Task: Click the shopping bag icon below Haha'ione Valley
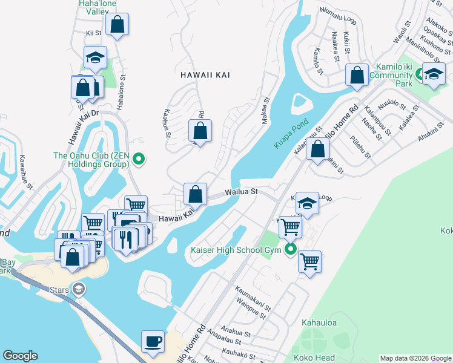click(x=117, y=25)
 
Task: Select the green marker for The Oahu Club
click(x=139, y=160)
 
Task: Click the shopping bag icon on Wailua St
click(x=195, y=195)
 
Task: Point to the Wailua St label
click(x=242, y=192)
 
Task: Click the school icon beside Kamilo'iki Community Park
click(x=434, y=74)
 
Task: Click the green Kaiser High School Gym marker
click(x=291, y=249)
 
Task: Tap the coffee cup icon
click(x=153, y=341)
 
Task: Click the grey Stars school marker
click(x=78, y=288)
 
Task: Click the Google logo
click(x=20, y=356)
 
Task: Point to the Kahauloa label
click(x=318, y=323)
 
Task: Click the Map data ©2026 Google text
click(x=415, y=358)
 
